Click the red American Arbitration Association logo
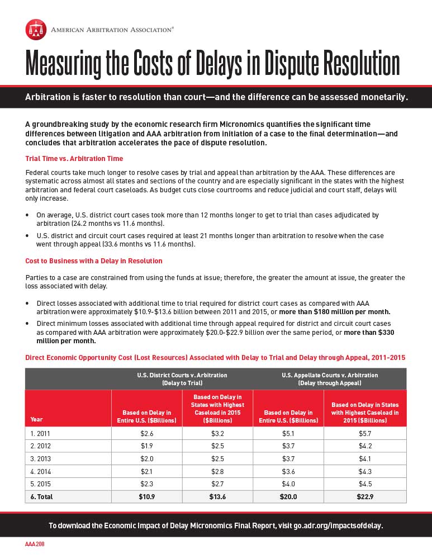click(36, 29)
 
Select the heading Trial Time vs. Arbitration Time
click(74, 159)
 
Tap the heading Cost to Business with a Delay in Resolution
click(94, 261)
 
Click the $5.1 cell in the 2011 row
click(288, 434)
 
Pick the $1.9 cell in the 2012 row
click(148, 446)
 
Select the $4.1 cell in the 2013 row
click(365, 459)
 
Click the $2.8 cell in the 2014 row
click(218, 471)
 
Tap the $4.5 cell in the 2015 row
click(365, 484)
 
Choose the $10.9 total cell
click(148, 496)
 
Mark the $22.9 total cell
click(365, 496)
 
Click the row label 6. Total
click(42, 496)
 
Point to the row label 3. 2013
click(41, 459)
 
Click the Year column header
click(36, 419)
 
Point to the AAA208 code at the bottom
click(35, 544)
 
